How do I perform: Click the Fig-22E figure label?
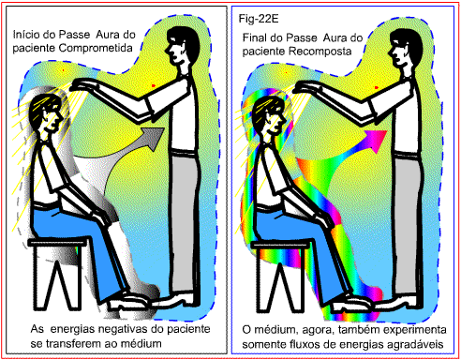pyautogui.click(x=259, y=19)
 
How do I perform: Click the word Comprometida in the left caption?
pyautogui.click(x=96, y=48)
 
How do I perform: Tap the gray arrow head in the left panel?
pyautogui.click(x=154, y=138)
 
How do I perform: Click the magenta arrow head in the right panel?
pyautogui.click(x=377, y=141)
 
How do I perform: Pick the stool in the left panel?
pyautogui.click(x=57, y=274)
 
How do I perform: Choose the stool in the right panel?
pyautogui.click(x=280, y=277)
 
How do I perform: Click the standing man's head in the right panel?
pyautogui.click(x=405, y=49)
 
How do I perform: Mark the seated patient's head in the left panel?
pyautogui.click(x=47, y=115)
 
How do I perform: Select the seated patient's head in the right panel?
pyautogui.click(x=270, y=117)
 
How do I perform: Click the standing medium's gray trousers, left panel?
pyautogui.click(x=185, y=223)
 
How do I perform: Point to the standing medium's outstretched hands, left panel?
pyautogui.click(x=82, y=85)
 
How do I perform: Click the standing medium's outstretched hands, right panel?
pyautogui.click(x=305, y=87)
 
